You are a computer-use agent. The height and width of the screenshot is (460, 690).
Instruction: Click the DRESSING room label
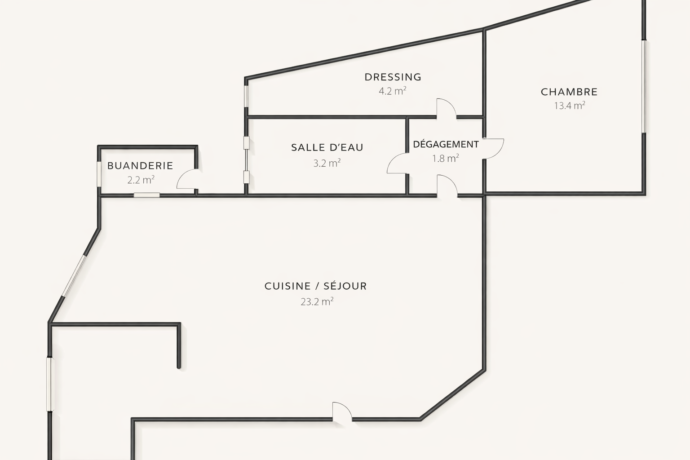point(393,77)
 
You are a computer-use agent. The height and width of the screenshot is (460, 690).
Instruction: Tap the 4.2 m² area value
point(393,91)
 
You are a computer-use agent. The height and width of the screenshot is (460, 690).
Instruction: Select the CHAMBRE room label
point(569,92)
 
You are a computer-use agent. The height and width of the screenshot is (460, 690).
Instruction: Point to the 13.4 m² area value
point(570,106)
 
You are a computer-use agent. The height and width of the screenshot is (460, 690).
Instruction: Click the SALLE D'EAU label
point(327,148)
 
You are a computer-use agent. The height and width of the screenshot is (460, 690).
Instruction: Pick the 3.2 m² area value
point(327,163)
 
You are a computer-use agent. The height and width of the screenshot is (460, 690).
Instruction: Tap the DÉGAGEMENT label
point(446,144)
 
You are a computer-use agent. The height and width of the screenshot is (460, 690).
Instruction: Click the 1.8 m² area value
point(446,159)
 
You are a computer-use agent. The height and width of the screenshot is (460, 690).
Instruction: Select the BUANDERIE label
point(140,166)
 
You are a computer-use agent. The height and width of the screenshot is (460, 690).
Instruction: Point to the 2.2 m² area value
point(141,180)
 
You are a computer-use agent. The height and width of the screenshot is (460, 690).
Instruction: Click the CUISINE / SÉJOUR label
point(316,286)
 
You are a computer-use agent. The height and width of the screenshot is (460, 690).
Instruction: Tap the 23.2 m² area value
point(317,301)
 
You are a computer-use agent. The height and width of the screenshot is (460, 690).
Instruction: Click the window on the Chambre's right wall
point(644,87)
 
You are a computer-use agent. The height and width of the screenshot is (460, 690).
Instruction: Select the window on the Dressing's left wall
point(246,96)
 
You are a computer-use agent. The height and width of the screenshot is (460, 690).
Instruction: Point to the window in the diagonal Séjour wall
point(74,276)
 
